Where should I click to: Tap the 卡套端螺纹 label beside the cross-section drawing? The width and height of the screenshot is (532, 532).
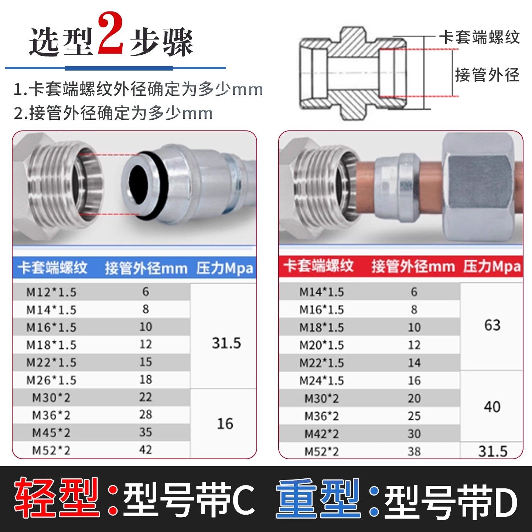point(479,37)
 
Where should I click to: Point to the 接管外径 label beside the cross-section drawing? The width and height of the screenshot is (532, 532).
point(487,75)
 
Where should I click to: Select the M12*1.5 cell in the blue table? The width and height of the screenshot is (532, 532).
point(51,292)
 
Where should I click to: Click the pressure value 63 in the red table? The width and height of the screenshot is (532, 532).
point(492,325)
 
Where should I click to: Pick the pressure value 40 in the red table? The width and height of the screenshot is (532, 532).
point(492,407)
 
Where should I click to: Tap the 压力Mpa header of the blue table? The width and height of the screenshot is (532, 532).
point(225,268)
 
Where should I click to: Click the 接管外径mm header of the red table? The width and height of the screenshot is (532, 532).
point(413,266)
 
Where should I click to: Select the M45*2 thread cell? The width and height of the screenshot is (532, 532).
point(51,433)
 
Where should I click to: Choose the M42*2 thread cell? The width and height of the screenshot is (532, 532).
point(321,434)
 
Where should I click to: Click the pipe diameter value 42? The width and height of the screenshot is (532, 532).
point(146,450)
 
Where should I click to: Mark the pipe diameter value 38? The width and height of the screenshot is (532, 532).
point(414,451)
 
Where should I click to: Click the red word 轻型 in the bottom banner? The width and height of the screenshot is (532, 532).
point(57,498)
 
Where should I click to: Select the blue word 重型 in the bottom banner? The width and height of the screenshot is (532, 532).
point(318,498)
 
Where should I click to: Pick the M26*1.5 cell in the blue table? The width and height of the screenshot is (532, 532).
point(51,380)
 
